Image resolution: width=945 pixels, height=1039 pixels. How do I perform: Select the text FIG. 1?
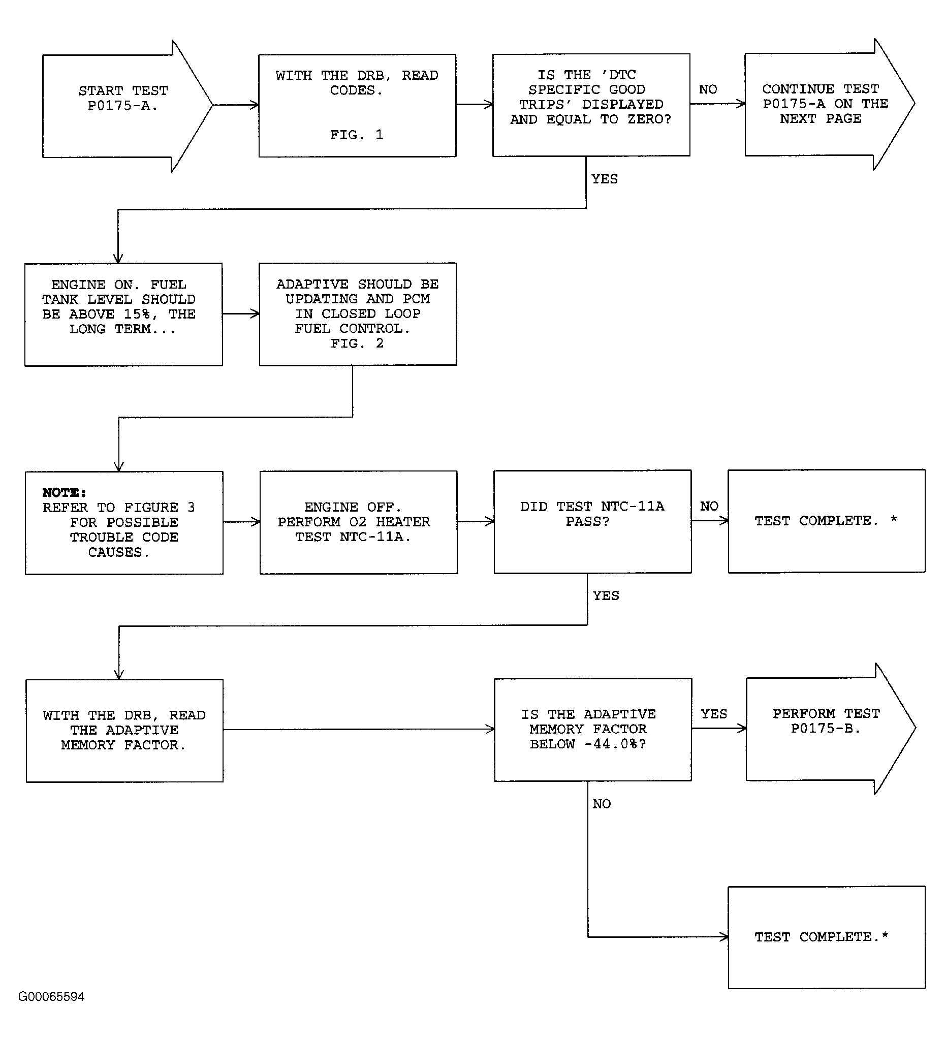357,135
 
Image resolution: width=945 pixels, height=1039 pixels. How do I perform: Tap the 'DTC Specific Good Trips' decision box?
591,105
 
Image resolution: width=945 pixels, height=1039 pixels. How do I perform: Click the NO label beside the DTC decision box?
708,90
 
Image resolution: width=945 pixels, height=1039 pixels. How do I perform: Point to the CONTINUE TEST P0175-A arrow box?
830,104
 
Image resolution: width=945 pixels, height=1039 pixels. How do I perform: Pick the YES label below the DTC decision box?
605,179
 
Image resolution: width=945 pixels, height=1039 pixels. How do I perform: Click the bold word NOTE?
64,493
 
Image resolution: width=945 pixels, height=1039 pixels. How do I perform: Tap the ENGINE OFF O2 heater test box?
358,522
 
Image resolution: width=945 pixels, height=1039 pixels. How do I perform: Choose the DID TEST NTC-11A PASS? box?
592,522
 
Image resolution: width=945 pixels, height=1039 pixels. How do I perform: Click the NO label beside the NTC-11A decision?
709,506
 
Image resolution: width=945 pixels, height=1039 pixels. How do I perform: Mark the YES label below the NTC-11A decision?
606,596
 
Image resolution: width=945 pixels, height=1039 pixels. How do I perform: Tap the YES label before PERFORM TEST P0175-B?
714,714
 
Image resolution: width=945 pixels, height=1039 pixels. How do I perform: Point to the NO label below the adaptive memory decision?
602,804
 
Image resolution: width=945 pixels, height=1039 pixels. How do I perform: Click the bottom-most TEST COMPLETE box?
827,937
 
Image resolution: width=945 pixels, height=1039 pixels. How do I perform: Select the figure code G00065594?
51,997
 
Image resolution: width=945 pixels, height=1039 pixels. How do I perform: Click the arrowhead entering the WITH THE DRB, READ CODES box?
255,105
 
